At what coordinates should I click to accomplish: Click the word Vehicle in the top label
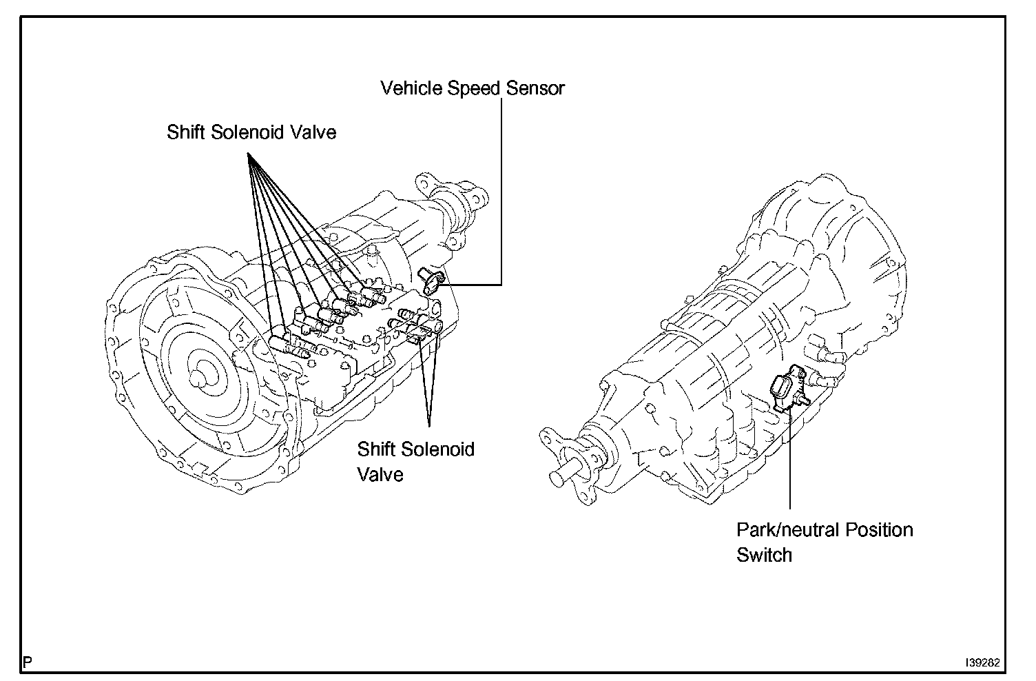[x=411, y=88]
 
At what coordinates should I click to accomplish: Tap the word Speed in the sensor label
[x=475, y=88]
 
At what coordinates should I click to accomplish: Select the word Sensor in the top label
[x=535, y=88]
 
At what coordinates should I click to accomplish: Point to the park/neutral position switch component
[x=787, y=390]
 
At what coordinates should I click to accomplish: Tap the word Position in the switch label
[x=879, y=530]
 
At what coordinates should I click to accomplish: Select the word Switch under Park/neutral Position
[x=764, y=555]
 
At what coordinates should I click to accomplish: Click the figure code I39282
[x=983, y=662]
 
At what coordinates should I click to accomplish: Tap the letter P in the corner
[x=28, y=662]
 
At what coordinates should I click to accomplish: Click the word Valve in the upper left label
[x=314, y=132]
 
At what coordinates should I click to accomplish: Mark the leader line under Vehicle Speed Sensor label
[x=501, y=193]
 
